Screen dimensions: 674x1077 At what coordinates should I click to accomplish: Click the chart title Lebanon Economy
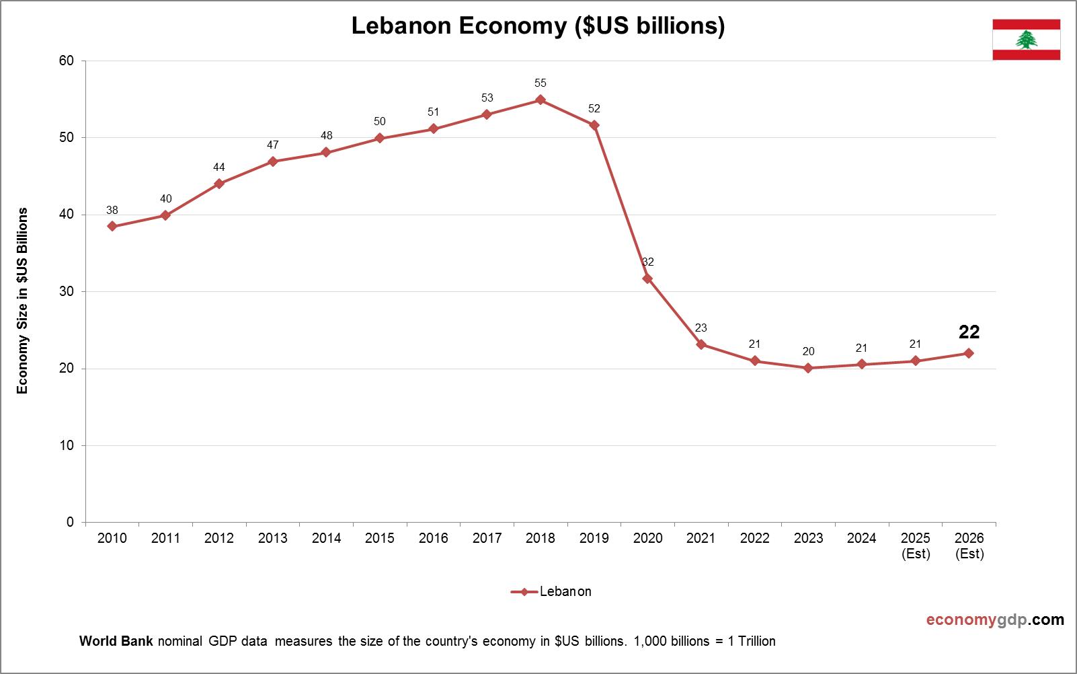coord(538,26)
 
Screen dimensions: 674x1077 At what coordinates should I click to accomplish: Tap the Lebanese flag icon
coord(1026,40)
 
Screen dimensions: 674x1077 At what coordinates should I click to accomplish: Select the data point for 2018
coord(540,100)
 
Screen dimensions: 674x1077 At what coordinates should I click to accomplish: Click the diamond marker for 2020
coord(647,278)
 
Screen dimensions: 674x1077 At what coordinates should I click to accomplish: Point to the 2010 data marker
coord(112,227)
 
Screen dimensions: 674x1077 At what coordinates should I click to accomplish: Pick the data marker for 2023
coord(808,368)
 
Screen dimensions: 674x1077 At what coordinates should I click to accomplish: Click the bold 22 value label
coord(969,332)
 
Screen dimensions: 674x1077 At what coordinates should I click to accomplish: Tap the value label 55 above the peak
coord(541,83)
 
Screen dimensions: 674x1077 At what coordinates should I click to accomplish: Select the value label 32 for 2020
coord(647,262)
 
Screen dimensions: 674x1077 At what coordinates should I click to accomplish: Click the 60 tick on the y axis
coord(67,61)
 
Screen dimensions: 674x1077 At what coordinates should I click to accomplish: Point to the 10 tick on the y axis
coord(67,446)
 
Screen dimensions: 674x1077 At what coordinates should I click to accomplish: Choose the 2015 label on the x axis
coord(380,538)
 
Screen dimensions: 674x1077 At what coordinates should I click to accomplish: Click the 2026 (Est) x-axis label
coord(969,546)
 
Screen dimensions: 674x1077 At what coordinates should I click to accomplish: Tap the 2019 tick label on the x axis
coord(594,538)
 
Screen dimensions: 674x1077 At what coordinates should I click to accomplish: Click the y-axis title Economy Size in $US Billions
coord(23,301)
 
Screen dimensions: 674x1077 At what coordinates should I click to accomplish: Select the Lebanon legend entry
coord(551,592)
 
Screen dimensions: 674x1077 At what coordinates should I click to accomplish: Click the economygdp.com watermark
coord(995,620)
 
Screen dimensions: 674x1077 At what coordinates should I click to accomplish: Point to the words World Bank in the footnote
coord(117,641)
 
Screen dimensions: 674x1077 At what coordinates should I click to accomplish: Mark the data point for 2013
coord(272,161)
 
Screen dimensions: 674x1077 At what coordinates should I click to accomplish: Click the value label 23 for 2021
coord(701,328)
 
